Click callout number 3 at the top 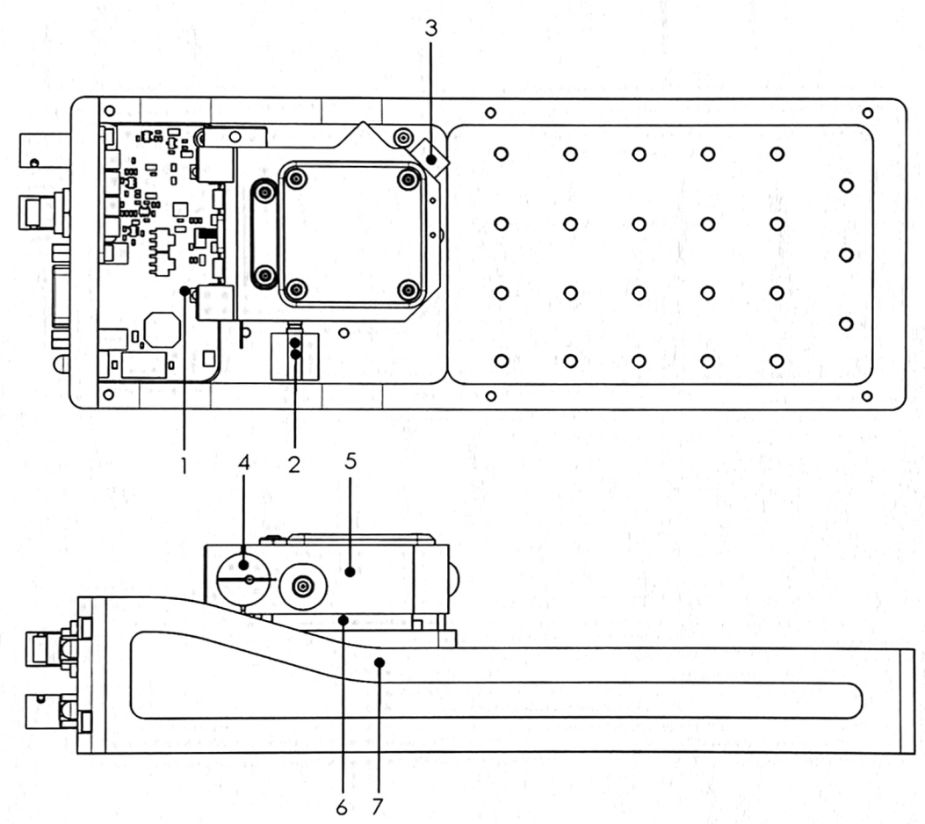pyautogui.click(x=432, y=28)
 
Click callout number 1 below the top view pyautogui.click(x=184, y=466)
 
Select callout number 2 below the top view pyautogui.click(x=294, y=465)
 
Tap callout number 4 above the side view pyautogui.click(x=244, y=462)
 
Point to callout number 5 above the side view pyautogui.click(x=351, y=460)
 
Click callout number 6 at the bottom pyautogui.click(x=342, y=807)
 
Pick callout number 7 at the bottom pyautogui.click(x=378, y=806)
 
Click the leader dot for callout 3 pyautogui.click(x=432, y=160)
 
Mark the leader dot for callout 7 pyautogui.click(x=379, y=662)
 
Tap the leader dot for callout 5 pyautogui.click(x=350, y=571)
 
